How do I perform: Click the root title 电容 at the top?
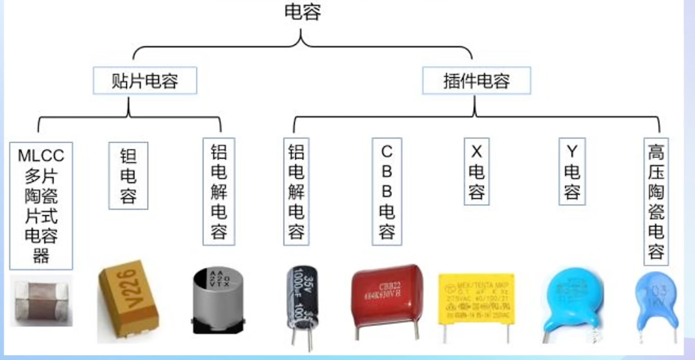[x=302, y=12]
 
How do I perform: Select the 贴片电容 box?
[x=145, y=80]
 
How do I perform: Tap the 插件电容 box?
[x=476, y=80]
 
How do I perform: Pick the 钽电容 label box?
[x=128, y=175]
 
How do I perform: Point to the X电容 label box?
[x=476, y=172]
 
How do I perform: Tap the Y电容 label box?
[x=571, y=172]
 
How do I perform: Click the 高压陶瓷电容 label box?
[x=656, y=201]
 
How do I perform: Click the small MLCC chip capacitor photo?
[x=41, y=303]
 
